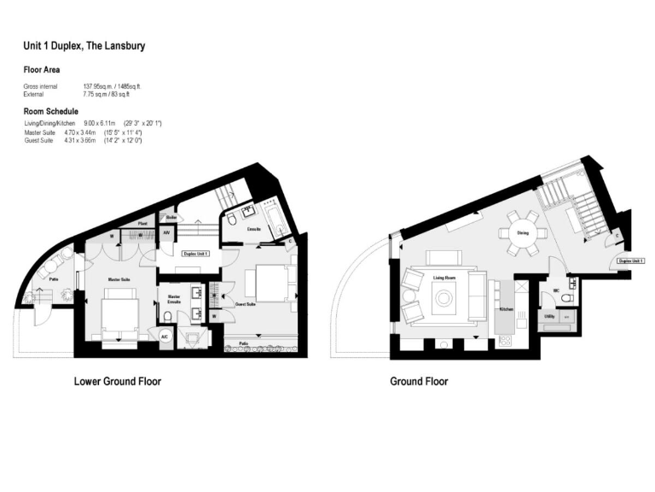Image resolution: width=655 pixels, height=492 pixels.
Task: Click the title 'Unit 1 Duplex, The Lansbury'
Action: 84,46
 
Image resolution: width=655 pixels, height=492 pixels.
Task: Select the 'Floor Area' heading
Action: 41,70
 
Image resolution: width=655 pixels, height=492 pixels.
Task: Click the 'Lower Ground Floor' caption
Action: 118,381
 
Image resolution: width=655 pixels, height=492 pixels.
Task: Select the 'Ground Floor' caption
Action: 419,381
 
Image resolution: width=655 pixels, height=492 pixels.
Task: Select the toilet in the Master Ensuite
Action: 168,316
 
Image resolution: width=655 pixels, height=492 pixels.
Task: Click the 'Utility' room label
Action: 549,316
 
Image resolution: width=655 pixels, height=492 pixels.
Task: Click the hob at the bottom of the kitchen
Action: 504,341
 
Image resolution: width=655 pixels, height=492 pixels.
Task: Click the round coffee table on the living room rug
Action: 443,299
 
